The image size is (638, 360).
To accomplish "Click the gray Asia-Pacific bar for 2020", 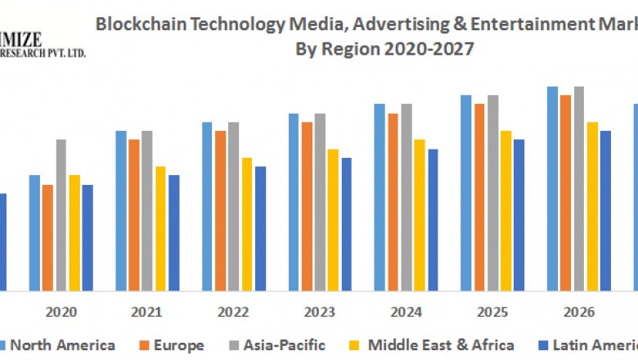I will coord(61,214).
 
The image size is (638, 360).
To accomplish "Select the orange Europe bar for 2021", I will coord(134,214).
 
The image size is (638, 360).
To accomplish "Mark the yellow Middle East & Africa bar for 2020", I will coord(74,232).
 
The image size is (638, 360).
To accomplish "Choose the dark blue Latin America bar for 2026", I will coord(605,210).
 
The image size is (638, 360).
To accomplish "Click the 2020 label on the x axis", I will coord(61,312).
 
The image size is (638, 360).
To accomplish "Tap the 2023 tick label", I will coord(320,312).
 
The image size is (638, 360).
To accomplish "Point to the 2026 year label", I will coord(578,312).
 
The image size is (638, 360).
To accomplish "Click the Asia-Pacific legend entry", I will coord(284,345).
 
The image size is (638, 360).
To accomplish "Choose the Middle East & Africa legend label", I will coord(441,345).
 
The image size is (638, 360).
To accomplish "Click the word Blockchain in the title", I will coord(135,24).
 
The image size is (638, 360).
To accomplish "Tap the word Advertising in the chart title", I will coord(398,24).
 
